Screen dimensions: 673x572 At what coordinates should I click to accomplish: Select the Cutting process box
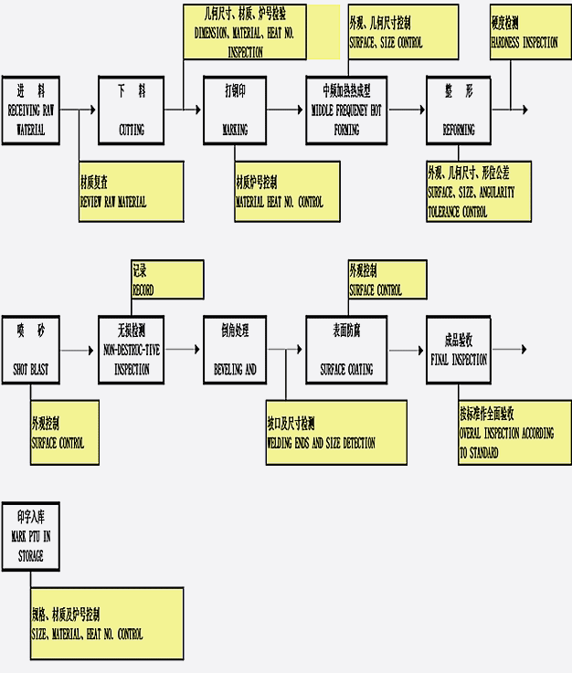coord(131,110)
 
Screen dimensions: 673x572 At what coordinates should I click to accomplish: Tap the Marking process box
coord(235,110)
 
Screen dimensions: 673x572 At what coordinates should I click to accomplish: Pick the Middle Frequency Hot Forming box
coord(346,110)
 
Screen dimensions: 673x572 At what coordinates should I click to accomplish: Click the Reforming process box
coord(459,110)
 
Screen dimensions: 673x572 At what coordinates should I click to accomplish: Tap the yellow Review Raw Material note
coord(131,191)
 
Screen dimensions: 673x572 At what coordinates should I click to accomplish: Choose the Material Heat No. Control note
coord(287,191)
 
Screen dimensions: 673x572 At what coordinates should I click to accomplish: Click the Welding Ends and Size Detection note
coord(336,432)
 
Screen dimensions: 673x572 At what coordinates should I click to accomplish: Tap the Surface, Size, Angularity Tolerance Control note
coord(478,191)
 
